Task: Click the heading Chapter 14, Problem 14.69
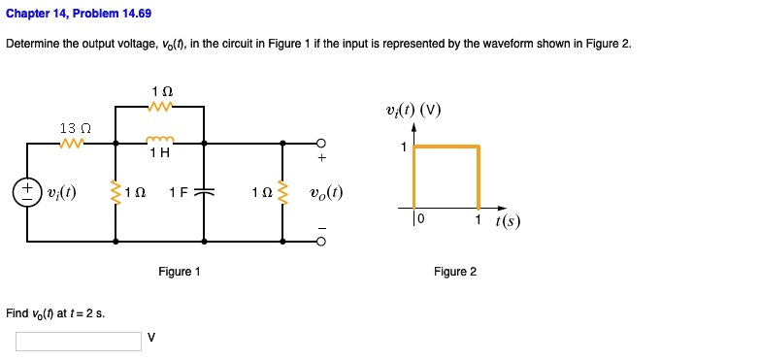coord(79,15)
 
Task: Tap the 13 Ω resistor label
coord(75,128)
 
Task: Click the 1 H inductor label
coord(160,152)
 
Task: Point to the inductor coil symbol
coord(160,140)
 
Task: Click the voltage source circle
coord(27,190)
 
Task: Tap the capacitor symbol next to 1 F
coord(204,191)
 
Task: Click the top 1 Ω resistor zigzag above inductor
coord(160,106)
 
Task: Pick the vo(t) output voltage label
coord(325,191)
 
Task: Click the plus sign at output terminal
coord(322,158)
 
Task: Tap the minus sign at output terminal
coord(322,229)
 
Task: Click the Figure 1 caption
coord(180,272)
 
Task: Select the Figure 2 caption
coord(455,272)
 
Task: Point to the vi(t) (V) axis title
coord(413,109)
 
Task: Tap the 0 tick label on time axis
coord(421,219)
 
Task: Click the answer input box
coord(78,342)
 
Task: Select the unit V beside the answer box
coord(151,338)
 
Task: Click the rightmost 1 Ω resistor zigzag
coord(283,191)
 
